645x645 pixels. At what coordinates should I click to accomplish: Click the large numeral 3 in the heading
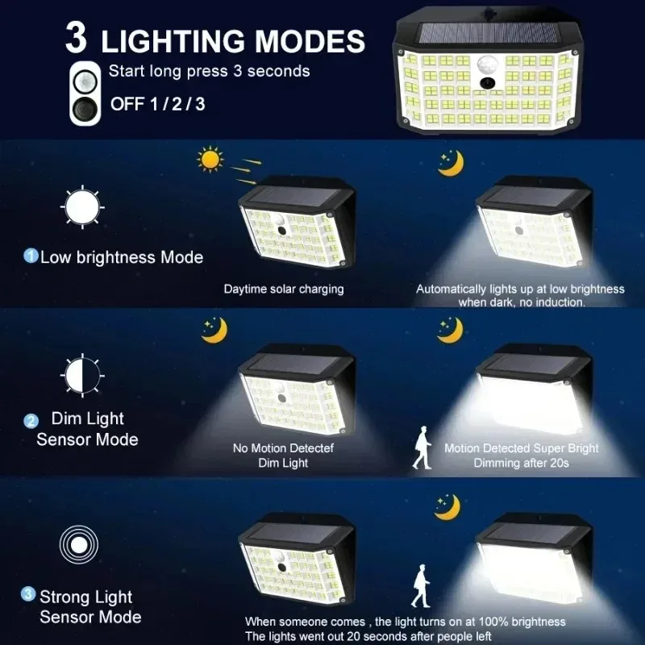(x=77, y=37)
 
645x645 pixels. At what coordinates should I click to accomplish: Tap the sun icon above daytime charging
(x=210, y=160)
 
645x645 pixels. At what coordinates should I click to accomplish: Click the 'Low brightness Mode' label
(x=122, y=258)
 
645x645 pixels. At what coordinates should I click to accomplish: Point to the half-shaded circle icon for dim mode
(x=81, y=376)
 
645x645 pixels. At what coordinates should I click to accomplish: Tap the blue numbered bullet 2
(x=31, y=420)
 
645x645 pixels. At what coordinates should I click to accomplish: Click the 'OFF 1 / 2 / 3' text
(x=157, y=103)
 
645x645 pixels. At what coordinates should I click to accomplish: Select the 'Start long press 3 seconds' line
(x=209, y=71)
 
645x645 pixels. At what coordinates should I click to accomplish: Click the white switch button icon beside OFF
(x=85, y=94)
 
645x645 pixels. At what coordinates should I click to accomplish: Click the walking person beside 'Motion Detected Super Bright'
(x=422, y=449)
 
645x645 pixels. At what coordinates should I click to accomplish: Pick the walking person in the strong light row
(x=419, y=586)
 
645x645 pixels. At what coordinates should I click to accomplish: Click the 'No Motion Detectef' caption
(x=283, y=448)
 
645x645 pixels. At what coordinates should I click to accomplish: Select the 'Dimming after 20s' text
(x=521, y=463)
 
